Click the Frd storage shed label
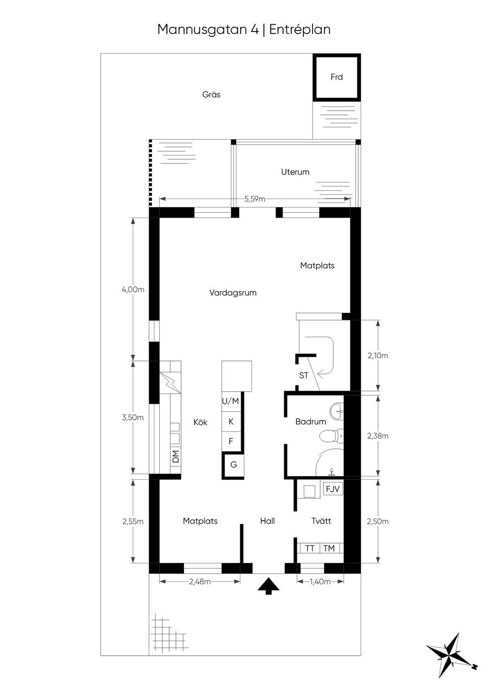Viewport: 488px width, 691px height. click(x=336, y=77)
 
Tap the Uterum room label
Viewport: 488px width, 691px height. click(x=295, y=172)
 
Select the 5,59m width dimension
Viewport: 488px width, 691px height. click(x=254, y=199)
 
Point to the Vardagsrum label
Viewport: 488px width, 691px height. click(x=233, y=292)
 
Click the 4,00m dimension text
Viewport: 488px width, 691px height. click(x=133, y=289)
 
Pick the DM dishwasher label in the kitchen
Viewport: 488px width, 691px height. click(x=175, y=456)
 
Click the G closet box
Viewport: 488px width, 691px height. click(x=233, y=464)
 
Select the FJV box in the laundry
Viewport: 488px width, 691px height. click(x=333, y=489)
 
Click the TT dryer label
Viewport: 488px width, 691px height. click(x=310, y=548)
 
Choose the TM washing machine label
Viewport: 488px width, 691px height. click(x=329, y=548)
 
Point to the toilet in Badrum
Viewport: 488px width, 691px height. click(x=331, y=436)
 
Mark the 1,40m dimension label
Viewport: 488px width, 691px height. click(x=320, y=581)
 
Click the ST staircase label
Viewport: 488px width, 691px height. click(x=304, y=375)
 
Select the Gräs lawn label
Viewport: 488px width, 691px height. click(x=211, y=94)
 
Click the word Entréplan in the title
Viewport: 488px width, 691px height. click(x=300, y=30)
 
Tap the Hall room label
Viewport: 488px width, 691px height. click(x=267, y=521)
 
